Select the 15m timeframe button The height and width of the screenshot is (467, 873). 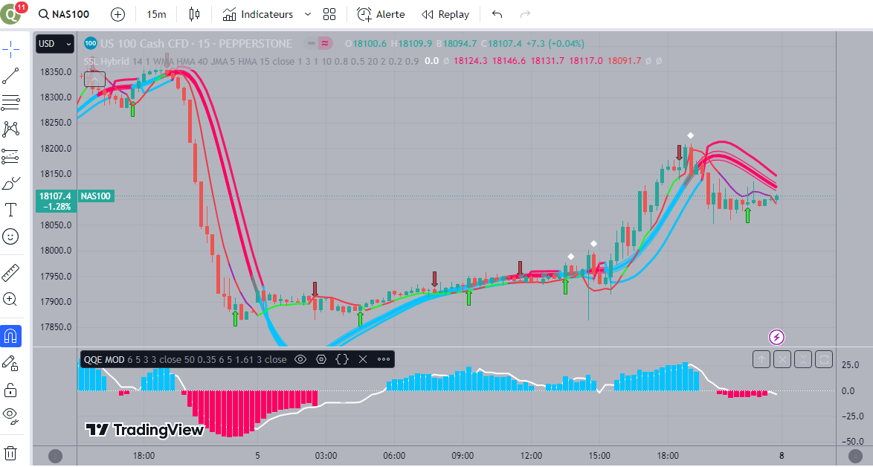tap(156, 14)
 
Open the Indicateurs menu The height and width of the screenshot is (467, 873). tap(258, 14)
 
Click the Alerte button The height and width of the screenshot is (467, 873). tap(381, 14)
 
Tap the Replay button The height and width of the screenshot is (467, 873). tap(445, 14)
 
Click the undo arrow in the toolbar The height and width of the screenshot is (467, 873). tap(497, 14)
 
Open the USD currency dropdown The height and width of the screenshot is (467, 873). tap(55, 44)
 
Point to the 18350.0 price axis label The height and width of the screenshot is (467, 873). tap(56, 72)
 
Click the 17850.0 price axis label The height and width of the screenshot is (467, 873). tap(56, 327)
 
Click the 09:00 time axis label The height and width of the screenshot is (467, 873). tap(463, 455)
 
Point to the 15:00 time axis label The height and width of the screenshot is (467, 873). tap(599, 455)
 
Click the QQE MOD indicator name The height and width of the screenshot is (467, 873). tap(104, 359)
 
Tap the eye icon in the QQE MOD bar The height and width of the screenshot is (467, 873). tap(300, 359)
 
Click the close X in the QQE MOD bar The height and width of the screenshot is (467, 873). tap(363, 359)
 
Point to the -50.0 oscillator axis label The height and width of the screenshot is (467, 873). tap(851, 441)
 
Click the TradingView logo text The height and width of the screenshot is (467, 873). tap(145, 430)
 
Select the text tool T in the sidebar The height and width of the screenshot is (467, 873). tap(11, 210)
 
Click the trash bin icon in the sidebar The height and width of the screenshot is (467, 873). tap(11, 452)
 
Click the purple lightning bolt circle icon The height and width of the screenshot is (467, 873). tap(776, 337)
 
